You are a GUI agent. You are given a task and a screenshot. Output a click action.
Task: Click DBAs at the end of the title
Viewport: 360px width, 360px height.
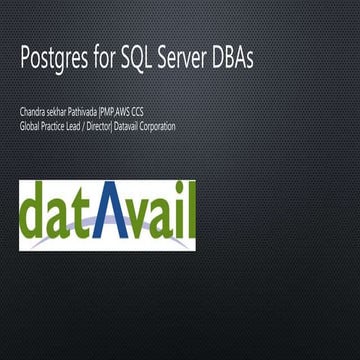(x=238, y=58)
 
